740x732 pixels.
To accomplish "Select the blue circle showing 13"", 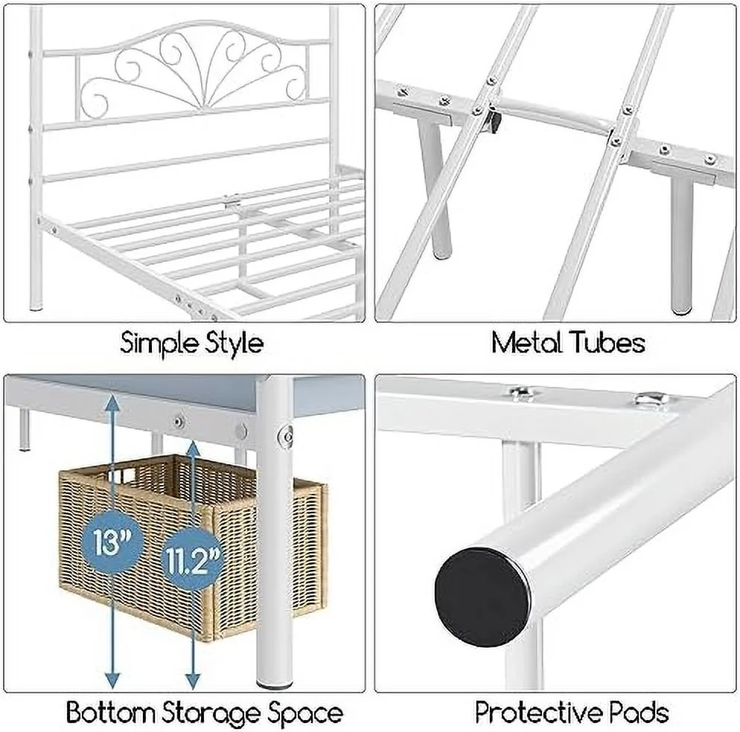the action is click(x=112, y=542).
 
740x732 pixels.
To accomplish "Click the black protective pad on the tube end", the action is click(x=482, y=597).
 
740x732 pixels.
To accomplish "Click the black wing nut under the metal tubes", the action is click(x=494, y=123).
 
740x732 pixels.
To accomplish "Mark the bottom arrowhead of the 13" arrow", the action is click(x=112, y=681).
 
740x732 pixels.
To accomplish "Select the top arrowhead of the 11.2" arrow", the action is click(x=192, y=449).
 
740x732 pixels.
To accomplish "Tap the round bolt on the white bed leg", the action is click(x=286, y=436).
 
